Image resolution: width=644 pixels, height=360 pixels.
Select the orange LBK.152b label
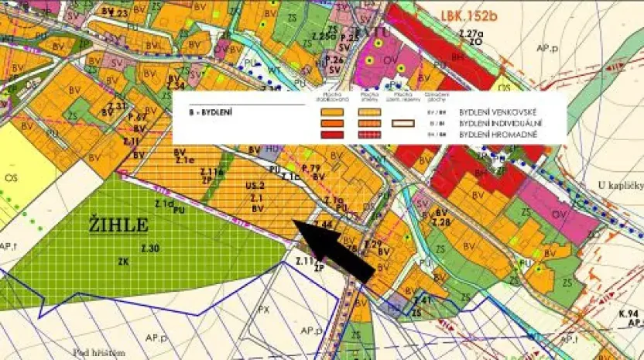471,15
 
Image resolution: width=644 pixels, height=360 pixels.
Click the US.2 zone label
255,187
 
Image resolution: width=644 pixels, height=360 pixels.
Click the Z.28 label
441,222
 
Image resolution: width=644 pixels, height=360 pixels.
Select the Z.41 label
422,300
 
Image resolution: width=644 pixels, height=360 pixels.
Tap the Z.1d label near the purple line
163,204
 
